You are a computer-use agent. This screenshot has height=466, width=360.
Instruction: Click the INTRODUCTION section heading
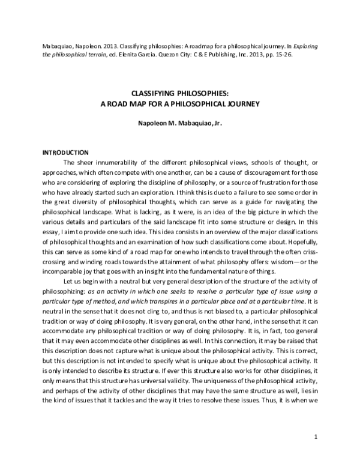tap(65, 152)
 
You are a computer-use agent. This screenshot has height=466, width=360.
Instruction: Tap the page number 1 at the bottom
tap(315, 446)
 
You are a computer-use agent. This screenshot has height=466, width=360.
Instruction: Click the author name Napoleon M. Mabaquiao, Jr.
tap(179, 123)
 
